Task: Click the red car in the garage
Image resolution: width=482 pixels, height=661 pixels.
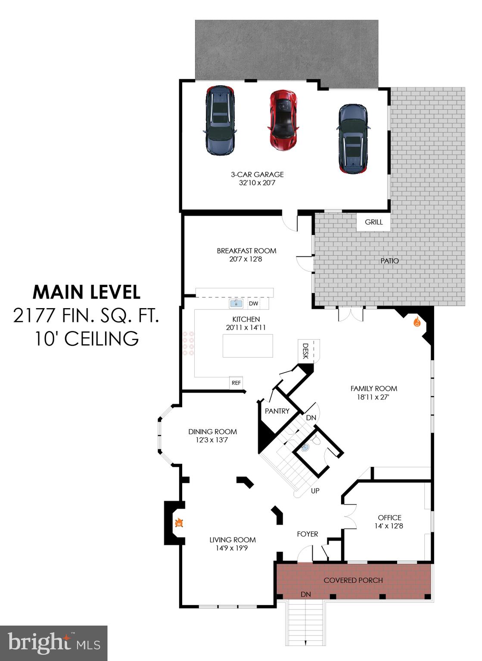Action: pos(283,120)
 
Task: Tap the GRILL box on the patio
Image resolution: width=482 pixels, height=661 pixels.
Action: pos(373,222)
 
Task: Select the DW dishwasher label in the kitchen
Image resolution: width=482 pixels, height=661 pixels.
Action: pos(254,303)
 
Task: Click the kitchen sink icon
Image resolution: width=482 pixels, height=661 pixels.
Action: pos(236,303)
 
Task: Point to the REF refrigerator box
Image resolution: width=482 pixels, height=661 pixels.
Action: pos(236,383)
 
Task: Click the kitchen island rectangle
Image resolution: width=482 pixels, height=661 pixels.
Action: pos(248,346)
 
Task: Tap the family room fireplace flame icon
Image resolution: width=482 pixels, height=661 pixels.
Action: pos(417,321)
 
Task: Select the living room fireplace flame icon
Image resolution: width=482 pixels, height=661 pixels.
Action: pos(179,523)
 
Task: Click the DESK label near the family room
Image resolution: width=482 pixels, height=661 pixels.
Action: pos(305,351)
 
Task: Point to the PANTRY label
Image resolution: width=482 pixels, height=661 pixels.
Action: pos(277,411)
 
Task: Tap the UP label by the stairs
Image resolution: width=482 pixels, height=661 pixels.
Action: pos(315,491)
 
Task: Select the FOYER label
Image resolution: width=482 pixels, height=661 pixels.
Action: pos(308,534)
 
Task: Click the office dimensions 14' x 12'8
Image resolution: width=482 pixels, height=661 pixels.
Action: pos(389,526)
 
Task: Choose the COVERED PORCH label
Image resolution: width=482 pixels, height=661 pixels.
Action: pos(353,580)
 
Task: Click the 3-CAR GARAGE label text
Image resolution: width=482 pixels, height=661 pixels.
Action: pos(257,174)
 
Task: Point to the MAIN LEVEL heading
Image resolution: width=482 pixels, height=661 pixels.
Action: pos(87,292)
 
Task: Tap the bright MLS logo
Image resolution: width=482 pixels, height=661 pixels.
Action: pos(53,643)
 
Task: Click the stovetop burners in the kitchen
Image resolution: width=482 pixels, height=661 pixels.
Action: pos(188,343)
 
